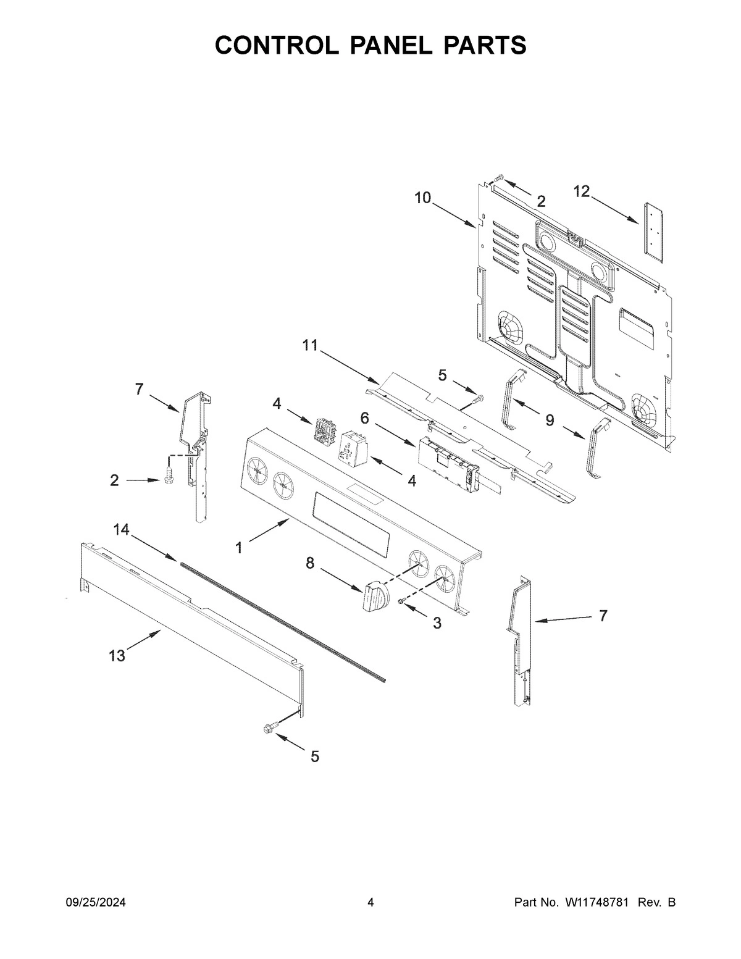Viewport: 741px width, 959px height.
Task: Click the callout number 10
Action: click(422, 198)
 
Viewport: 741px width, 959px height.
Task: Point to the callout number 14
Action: click(122, 529)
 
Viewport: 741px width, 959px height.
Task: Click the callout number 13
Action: click(117, 656)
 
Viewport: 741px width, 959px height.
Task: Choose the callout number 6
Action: click(364, 418)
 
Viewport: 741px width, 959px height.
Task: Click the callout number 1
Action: click(239, 548)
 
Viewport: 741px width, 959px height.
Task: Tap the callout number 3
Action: click(437, 623)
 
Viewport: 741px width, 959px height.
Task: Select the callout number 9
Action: click(550, 421)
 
